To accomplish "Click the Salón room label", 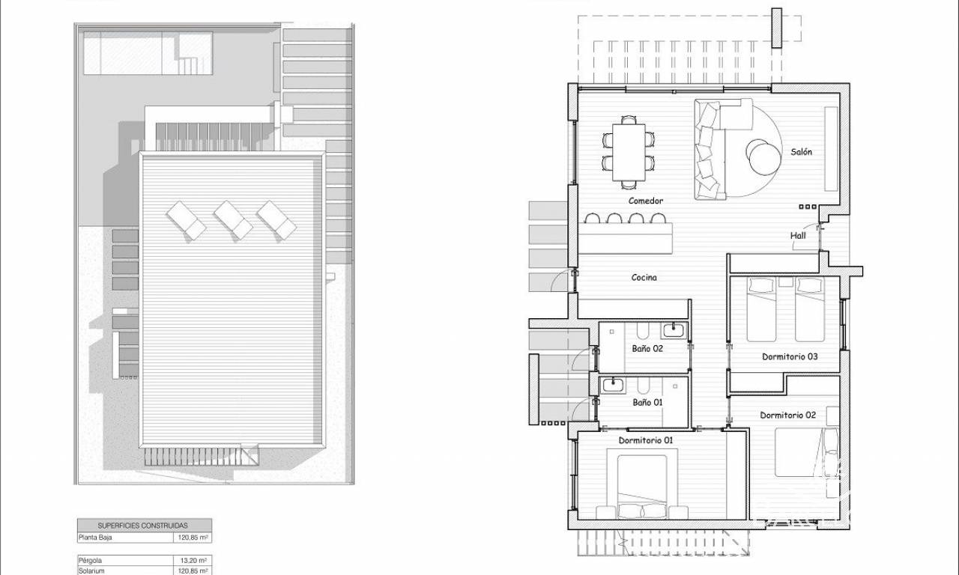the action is tap(801, 152).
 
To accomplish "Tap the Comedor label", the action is tap(646, 201).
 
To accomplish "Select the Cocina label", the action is tap(644, 278).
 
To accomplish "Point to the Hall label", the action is tap(798, 235).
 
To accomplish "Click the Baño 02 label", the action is tap(647, 349).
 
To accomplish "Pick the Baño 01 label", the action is tap(647, 403).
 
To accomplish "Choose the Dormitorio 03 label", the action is tap(790, 357).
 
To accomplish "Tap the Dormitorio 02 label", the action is tap(787, 415).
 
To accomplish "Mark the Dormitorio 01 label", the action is tap(646, 440).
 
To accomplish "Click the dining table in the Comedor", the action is tap(629, 152).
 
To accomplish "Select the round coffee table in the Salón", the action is tap(763, 157).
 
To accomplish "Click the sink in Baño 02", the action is tap(674, 330).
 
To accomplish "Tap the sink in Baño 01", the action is tap(614, 385).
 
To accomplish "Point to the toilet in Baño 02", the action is tap(643, 330).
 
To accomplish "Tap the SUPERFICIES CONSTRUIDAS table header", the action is tap(142, 526).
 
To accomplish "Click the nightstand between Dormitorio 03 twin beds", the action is tap(786, 282).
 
